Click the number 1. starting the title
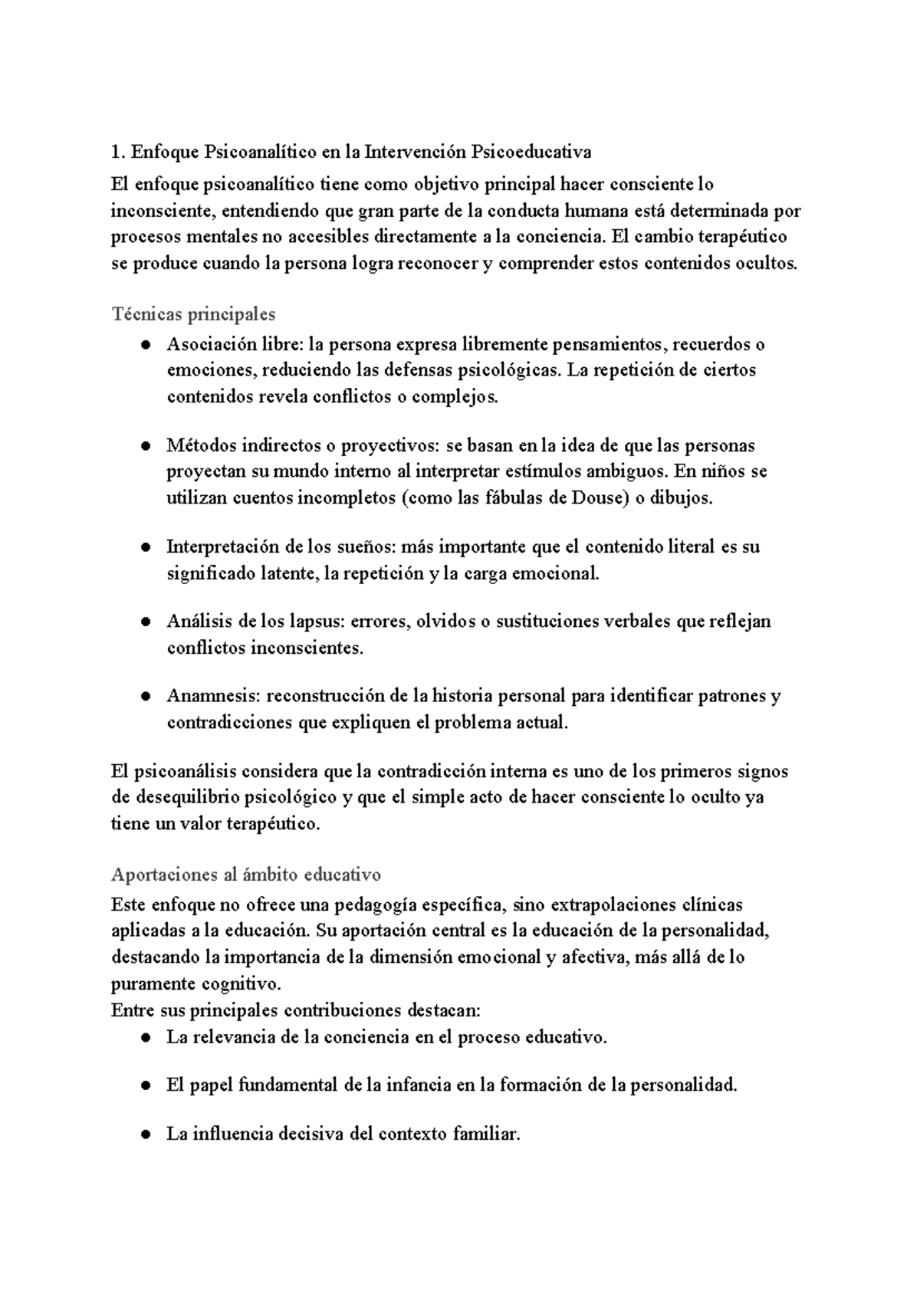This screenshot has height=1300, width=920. [117, 152]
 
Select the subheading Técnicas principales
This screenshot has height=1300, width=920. [193, 314]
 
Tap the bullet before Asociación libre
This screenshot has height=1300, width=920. [145, 346]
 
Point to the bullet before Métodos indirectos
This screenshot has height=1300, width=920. [145, 447]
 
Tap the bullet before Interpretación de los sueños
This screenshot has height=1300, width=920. [145, 548]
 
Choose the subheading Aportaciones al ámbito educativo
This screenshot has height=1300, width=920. [245, 875]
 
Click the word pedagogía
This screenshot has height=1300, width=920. [377, 905]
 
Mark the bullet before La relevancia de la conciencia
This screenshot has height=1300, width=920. [145, 1039]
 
